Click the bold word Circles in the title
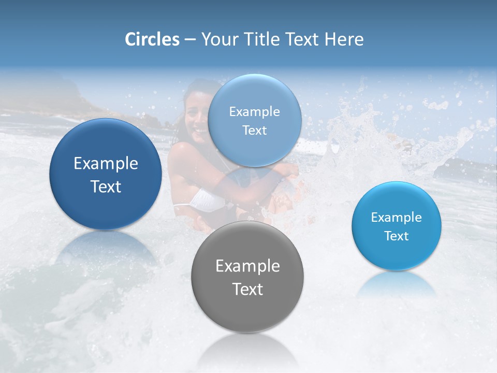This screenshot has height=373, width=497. tap(152, 39)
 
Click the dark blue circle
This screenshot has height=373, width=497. tap(106, 174)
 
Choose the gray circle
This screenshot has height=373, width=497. tap(247, 277)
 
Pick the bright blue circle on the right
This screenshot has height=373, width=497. tap(397, 226)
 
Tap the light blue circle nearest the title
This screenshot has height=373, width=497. tap(255, 120)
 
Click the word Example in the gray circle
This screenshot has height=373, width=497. tap(247, 266)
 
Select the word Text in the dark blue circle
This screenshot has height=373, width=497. tap(106, 187)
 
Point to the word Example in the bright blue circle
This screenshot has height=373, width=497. tap(397, 218)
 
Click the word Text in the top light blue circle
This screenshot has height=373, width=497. tap(255, 130)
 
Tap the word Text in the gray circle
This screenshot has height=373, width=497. tap(247, 289)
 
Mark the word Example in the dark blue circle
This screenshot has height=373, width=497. tap(106, 164)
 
